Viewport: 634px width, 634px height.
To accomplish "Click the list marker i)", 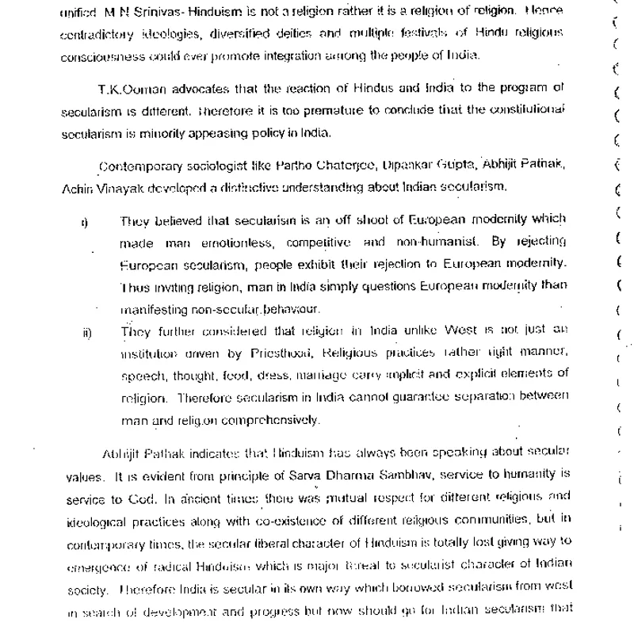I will [x=84, y=223].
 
